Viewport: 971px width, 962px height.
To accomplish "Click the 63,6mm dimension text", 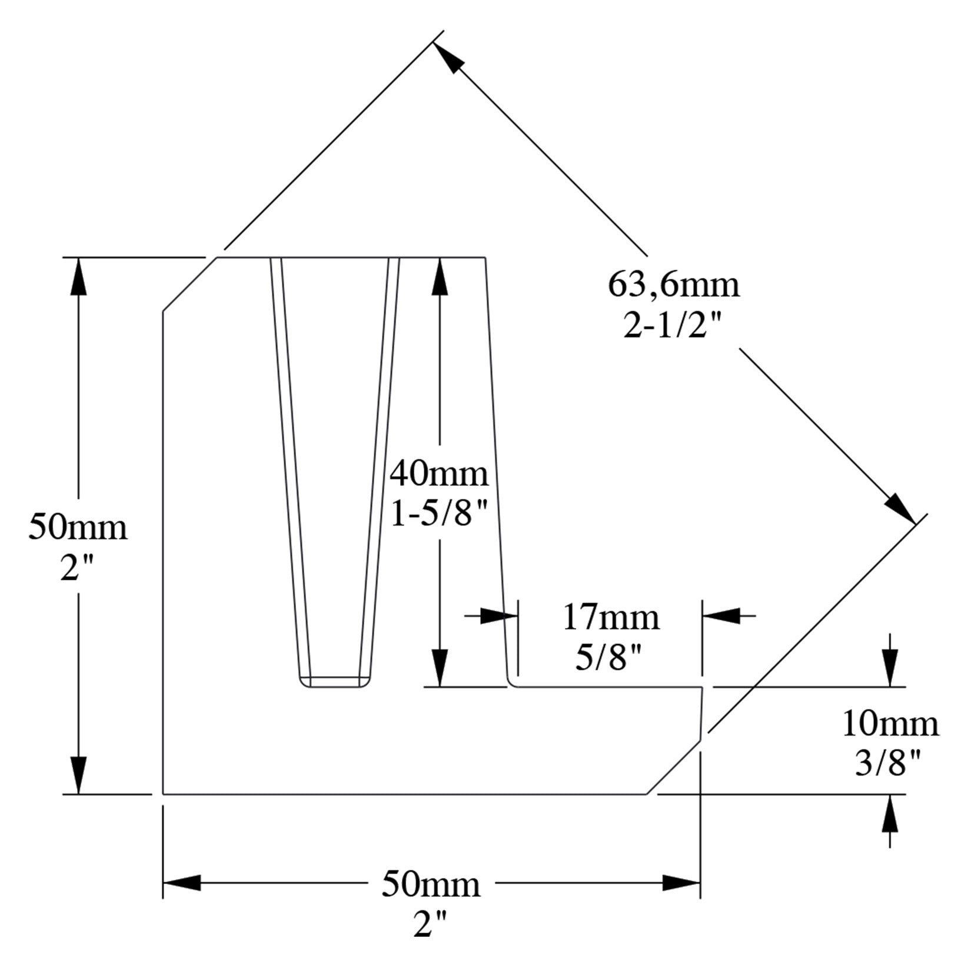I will pyautogui.click(x=673, y=286).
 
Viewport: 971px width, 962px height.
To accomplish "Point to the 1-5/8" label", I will pyautogui.click(x=439, y=516).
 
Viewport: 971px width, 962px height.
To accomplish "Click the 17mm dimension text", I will pyautogui.click(x=611, y=617).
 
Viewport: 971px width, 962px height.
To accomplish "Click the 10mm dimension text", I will pyautogui.click(x=890, y=724).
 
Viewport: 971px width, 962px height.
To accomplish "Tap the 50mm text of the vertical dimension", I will pyautogui.click(x=78, y=527).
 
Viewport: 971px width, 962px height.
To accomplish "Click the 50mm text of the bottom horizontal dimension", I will pyautogui.click(x=431, y=884).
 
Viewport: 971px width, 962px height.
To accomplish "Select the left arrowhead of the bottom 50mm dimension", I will pyautogui.click(x=182, y=883).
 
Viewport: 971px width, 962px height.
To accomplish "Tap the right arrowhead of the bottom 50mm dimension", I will pyautogui.click(x=681, y=883).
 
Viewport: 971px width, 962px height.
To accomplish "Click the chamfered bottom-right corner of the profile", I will pyautogui.click(x=674, y=768).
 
